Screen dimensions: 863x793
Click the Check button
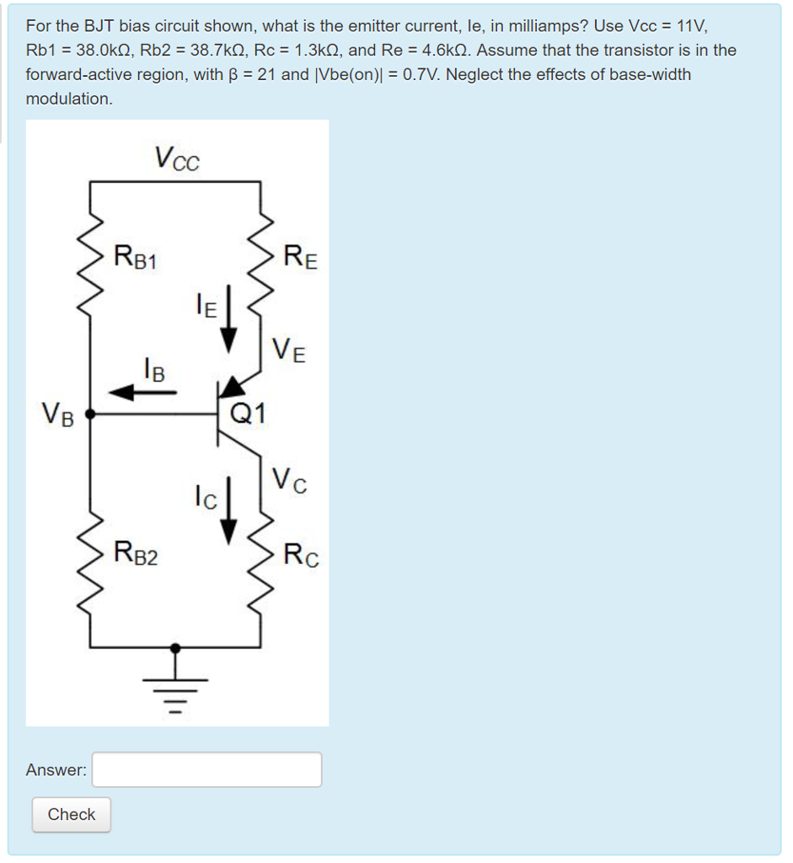pyautogui.click(x=72, y=814)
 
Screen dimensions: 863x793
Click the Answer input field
pyautogui.click(x=206, y=769)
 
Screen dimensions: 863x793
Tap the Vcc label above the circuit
pyautogui.click(x=176, y=158)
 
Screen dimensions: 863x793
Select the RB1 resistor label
pyautogui.click(x=136, y=255)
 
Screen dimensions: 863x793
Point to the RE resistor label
pyautogui.click(x=301, y=255)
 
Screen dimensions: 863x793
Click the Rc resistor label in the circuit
pyautogui.click(x=301, y=555)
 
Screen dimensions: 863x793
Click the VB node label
pyautogui.click(x=57, y=415)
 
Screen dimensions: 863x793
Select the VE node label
pyautogui.click(x=289, y=349)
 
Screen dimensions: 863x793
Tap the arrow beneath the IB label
pyautogui.click(x=142, y=392)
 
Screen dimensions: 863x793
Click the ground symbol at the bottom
pyautogui.click(x=175, y=689)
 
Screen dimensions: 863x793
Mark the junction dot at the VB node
pyautogui.click(x=91, y=415)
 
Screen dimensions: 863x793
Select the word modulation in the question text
pyautogui.click(x=68, y=99)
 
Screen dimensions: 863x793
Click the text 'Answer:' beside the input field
pyautogui.click(x=56, y=769)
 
